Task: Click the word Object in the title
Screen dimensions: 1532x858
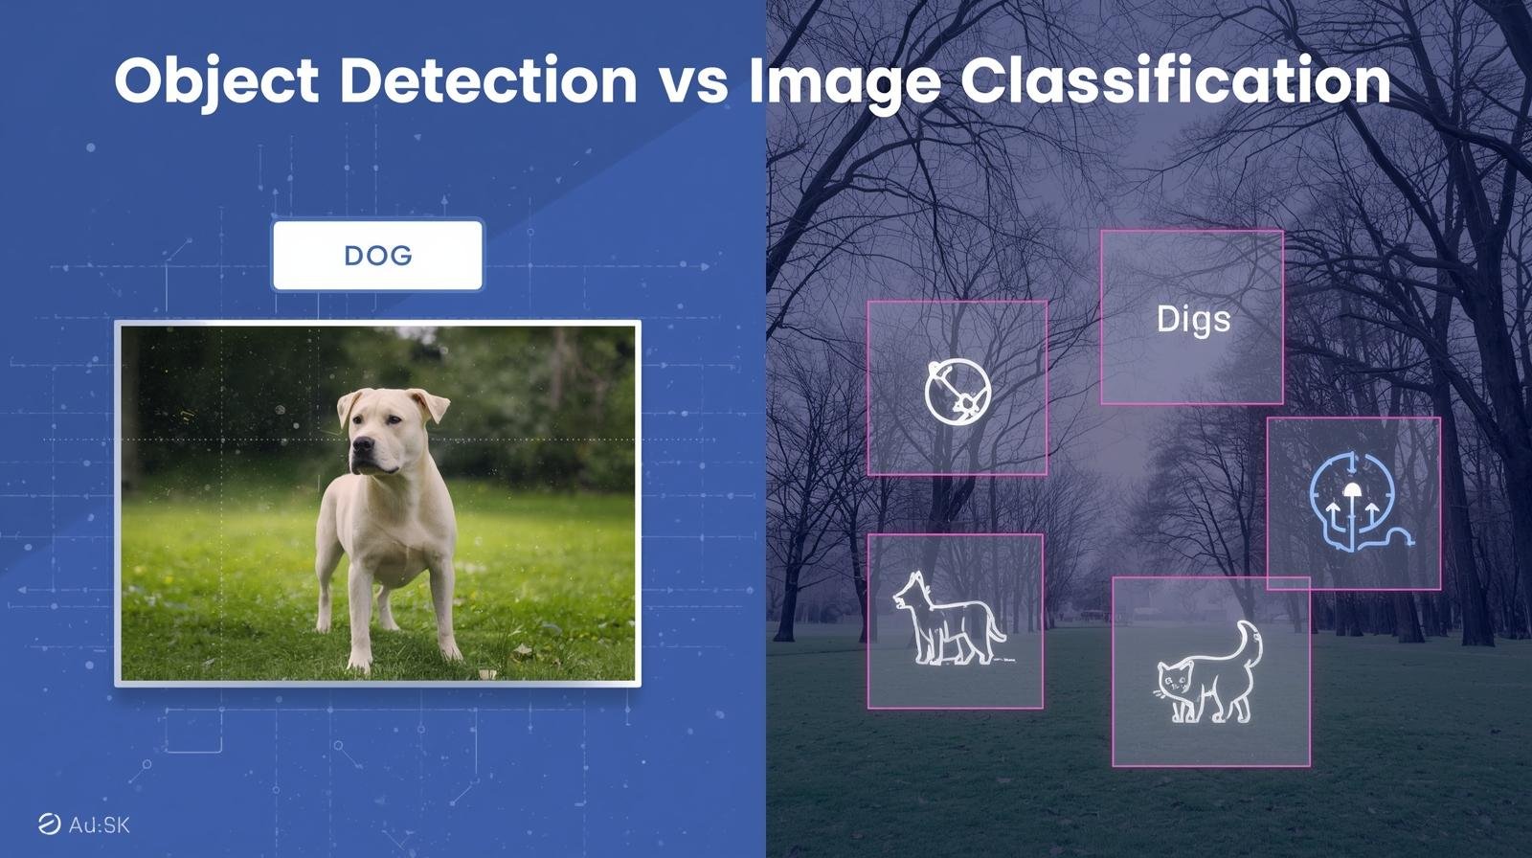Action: coord(216,81)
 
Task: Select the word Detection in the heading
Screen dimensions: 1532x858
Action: coord(488,80)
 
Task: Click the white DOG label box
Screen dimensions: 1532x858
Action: coord(377,256)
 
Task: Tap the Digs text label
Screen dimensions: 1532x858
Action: coord(1193,320)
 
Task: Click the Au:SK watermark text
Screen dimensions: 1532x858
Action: coord(100,825)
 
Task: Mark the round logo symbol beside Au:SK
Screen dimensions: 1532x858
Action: coord(49,825)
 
